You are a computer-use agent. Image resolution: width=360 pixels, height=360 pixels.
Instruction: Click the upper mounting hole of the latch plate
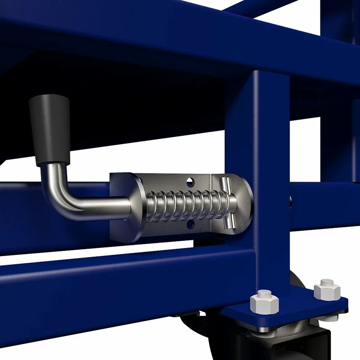click(x=191, y=182)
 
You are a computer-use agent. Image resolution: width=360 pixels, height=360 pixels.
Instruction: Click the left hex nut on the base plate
click(x=264, y=304)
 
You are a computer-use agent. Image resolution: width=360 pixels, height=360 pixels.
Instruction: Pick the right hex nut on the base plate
click(x=327, y=290)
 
